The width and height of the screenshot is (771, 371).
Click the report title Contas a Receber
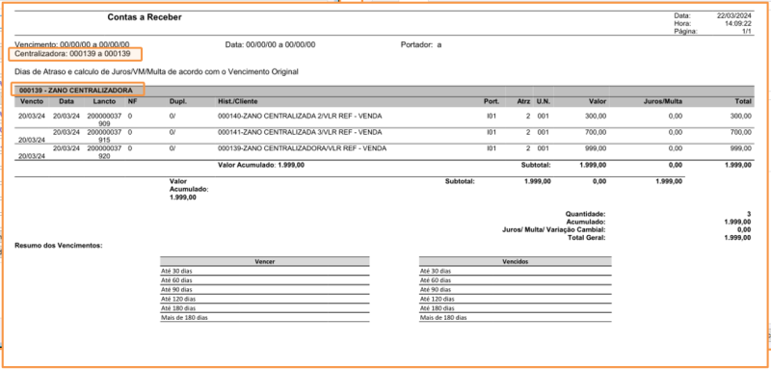pos(144,17)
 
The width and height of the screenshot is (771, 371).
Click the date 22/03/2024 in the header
pos(731,15)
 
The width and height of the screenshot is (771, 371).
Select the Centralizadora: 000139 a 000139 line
pos(73,54)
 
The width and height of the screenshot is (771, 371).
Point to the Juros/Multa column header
pos(662,101)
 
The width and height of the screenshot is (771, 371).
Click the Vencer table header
pos(265,261)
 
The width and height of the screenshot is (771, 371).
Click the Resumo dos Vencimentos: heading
pos(59,246)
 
